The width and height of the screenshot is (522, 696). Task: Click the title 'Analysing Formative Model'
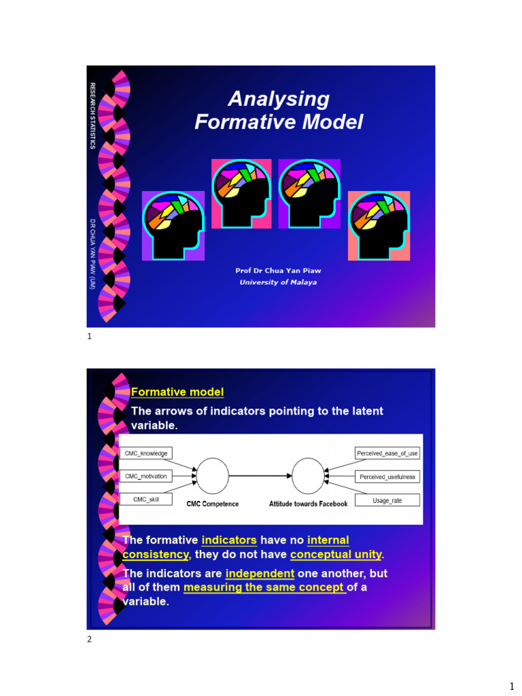(x=279, y=111)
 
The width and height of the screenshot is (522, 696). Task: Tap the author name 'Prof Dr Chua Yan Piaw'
(x=278, y=271)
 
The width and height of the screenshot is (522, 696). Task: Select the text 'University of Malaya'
(x=278, y=282)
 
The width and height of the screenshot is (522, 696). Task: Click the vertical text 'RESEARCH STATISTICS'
(x=93, y=116)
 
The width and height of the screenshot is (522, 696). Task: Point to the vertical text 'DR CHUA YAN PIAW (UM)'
(x=93, y=254)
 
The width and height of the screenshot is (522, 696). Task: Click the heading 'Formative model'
(x=177, y=392)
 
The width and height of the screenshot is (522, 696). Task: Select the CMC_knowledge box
(x=146, y=453)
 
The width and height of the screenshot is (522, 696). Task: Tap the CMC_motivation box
(x=146, y=476)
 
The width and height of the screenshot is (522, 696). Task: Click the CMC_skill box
(x=146, y=500)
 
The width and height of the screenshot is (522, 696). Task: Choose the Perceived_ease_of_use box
(x=387, y=453)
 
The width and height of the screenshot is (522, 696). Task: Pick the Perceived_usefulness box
(x=387, y=476)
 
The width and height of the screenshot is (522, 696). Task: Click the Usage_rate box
(x=387, y=500)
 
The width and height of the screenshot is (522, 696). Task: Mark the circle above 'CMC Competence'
(x=213, y=476)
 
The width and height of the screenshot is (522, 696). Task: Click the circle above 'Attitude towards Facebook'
(x=308, y=476)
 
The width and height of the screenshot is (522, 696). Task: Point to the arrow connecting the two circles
(x=260, y=476)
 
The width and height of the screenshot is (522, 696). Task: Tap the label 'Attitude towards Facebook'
(x=308, y=504)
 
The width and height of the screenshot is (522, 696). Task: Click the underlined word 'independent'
(x=260, y=574)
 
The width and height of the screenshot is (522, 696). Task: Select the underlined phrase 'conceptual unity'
(x=336, y=555)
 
